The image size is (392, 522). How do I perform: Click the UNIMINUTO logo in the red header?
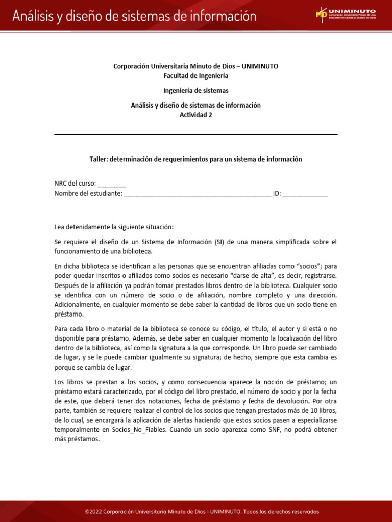pyautogui.click(x=346, y=15)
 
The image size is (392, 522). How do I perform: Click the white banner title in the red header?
pyautogui.click(x=134, y=16)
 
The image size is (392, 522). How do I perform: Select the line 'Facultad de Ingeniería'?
pyautogui.click(x=196, y=75)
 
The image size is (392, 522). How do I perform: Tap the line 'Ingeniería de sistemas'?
pyautogui.click(x=196, y=90)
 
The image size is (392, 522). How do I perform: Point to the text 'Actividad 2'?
pyautogui.click(x=196, y=115)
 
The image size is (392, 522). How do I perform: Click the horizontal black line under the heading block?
pyautogui.click(x=196, y=135)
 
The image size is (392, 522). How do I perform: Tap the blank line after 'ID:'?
pyautogui.click(x=305, y=194)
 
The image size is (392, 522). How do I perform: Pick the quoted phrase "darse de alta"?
pyautogui.click(x=260, y=276)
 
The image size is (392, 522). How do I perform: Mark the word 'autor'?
pyautogui.click(x=275, y=329)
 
